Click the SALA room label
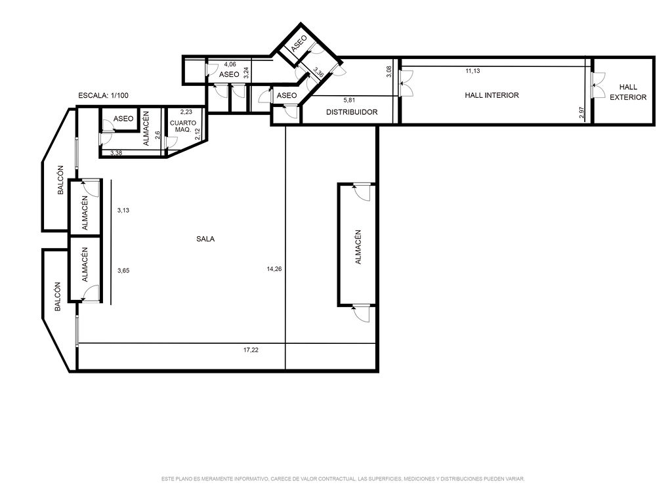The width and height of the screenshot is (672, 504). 205,239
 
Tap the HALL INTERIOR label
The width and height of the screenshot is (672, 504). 492,95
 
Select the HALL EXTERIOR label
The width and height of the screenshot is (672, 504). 628,92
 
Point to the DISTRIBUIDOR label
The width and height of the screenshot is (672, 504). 352,112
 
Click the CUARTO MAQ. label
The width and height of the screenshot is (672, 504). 183,126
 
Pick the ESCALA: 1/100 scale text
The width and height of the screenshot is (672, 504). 103,96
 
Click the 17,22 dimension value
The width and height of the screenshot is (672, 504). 251,350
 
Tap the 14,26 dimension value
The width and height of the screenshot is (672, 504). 274,269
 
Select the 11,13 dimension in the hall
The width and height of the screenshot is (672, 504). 472,71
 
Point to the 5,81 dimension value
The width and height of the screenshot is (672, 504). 350,100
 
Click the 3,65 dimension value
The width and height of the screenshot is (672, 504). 123,270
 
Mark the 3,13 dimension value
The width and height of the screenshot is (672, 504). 123,211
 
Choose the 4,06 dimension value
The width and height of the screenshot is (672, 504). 230,65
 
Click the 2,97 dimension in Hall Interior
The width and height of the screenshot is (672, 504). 581,112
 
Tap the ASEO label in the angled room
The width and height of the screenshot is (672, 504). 299,44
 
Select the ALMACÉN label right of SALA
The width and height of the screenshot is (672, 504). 358,247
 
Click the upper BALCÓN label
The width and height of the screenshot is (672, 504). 61,180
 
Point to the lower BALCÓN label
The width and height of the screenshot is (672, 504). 58,296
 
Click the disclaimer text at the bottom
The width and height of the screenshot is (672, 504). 343,478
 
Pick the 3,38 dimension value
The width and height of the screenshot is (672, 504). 116,152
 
